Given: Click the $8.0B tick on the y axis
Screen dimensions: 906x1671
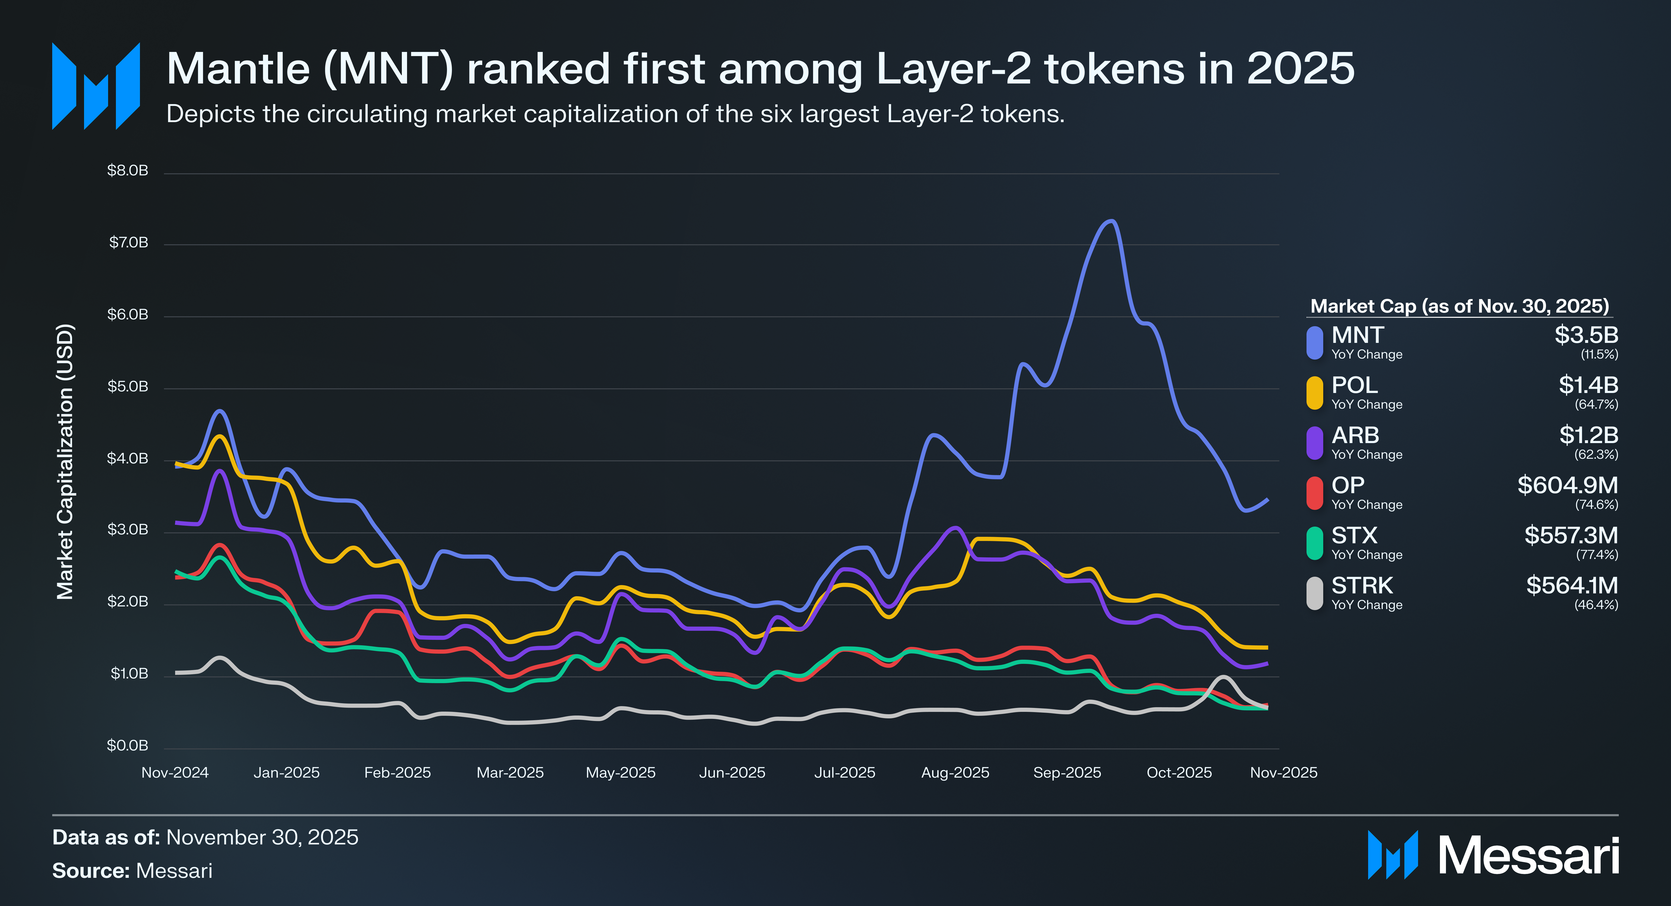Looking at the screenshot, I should coord(128,171).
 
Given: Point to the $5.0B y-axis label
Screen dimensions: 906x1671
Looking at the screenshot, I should coord(128,386).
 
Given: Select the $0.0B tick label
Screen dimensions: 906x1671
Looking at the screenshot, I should coord(128,745).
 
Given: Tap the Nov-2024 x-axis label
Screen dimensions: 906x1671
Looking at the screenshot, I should coord(175,772).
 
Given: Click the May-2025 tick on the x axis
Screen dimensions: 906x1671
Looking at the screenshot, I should coord(621,772).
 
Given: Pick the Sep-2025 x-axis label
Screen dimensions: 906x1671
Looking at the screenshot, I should coord(1067,772).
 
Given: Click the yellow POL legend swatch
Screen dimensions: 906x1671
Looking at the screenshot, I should coord(1314,393).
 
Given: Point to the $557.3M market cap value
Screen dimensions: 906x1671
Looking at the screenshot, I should coord(1570,535).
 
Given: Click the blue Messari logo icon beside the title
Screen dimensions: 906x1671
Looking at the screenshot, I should coord(96,86).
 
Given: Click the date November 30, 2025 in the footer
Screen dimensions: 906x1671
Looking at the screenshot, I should coord(262,837).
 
